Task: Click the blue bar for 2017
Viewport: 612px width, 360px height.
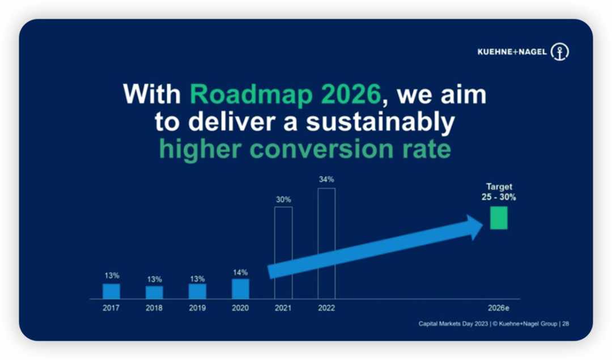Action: [x=111, y=291]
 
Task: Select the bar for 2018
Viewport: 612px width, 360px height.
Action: [x=154, y=293]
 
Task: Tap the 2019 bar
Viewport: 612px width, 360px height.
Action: [x=198, y=291]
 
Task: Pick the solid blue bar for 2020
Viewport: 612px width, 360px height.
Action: [x=240, y=289]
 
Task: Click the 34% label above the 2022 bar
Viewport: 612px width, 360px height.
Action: [x=326, y=180]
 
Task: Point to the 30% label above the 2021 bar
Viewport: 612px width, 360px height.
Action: [x=283, y=200]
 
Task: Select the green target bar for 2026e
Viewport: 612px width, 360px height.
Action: [x=499, y=218]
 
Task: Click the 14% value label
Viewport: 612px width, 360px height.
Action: [x=240, y=272]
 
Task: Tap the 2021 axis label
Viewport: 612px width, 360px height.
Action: [x=283, y=308]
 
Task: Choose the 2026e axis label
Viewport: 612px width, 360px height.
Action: [x=499, y=308]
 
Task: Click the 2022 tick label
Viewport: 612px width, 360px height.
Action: [x=326, y=308]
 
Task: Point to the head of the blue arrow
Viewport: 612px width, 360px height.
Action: [x=483, y=226]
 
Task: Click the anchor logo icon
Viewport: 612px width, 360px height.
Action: [x=560, y=52]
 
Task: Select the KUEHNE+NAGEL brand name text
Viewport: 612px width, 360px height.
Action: [x=512, y=52]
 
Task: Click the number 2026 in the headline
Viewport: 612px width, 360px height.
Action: [x=350, y=94]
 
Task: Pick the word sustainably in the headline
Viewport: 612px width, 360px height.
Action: [x=380, y=122]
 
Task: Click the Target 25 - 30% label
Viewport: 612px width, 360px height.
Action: [x=499, y=192]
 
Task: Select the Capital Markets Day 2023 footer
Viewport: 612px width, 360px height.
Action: [x=453, y=324]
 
